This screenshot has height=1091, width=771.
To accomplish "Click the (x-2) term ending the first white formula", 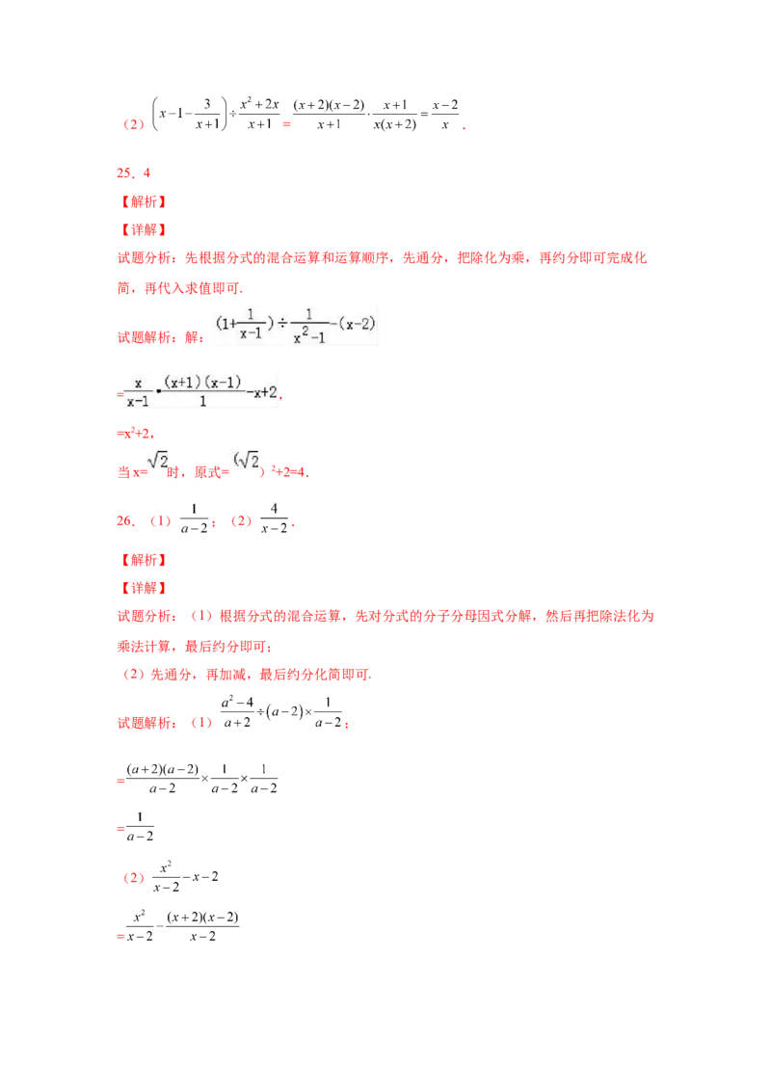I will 354,324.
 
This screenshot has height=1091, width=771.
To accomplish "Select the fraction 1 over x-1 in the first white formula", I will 255,324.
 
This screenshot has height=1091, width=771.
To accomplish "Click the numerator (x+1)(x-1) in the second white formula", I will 202,382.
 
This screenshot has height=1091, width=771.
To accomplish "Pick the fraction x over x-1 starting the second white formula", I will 138,389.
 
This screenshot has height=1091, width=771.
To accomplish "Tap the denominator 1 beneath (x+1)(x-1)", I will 202,400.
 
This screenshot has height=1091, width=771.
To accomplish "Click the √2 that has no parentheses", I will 157,461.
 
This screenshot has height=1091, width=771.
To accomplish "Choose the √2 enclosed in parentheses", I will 244,460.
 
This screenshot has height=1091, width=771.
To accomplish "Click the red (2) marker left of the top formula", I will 134,124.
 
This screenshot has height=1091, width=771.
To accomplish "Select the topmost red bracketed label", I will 143,202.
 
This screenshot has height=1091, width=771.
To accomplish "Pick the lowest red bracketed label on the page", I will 143,588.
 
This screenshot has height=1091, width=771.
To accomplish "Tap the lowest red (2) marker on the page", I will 134,879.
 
